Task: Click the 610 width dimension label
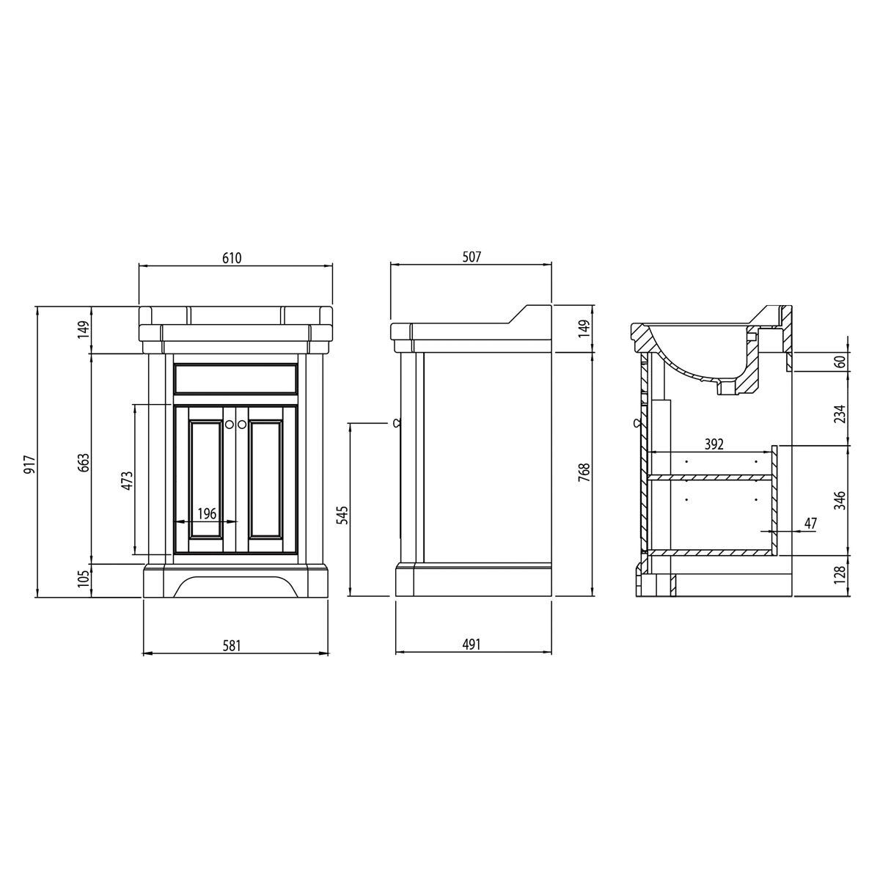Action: pos(232,258)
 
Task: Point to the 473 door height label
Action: pos(128,480)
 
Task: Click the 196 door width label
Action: pos(207,514)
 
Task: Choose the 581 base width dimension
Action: pos(232,646)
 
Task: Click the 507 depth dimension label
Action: pos(472,257)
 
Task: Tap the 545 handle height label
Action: pos(344,515)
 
